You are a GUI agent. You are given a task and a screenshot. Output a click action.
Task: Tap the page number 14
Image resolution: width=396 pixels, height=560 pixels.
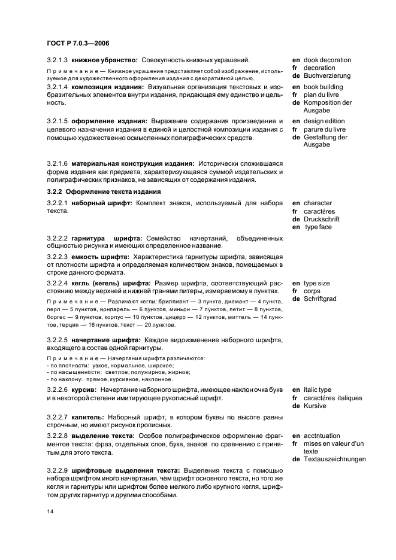(50, 512)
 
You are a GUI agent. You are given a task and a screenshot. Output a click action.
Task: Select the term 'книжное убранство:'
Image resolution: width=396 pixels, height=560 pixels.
(104, 60)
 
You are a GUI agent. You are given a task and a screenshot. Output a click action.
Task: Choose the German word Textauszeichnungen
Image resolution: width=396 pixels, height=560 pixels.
(334, 460)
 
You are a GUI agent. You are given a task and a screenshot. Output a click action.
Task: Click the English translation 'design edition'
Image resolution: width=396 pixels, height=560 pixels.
(327, 121)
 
